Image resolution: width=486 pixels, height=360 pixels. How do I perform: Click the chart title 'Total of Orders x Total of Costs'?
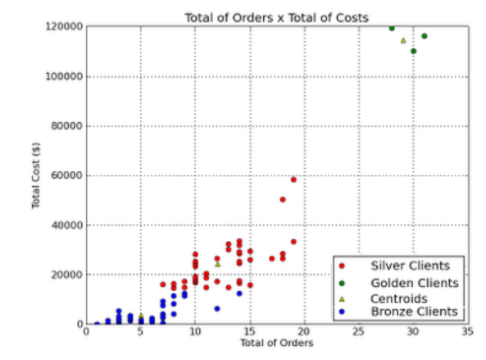(277, 18)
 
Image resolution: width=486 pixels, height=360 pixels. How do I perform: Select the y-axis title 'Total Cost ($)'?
(36, 175)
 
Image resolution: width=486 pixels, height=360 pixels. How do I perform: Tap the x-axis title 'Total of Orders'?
(277, 343)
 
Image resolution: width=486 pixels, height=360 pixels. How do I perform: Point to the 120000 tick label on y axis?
(65, 26)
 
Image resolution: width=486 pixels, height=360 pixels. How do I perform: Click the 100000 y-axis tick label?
(65, 76)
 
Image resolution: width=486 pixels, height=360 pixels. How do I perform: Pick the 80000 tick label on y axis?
(67, 126)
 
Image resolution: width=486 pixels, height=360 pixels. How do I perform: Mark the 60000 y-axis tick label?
(67, 175)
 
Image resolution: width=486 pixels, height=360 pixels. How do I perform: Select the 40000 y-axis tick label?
(67, 226)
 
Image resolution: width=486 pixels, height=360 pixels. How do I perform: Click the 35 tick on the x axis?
(468, 332)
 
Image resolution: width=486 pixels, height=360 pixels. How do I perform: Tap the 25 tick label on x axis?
(359, 332)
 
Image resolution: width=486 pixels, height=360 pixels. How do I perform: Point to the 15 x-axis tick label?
(250, 332)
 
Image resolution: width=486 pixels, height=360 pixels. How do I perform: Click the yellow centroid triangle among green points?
(403, 41)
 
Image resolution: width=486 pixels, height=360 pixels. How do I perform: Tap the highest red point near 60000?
(293, 180)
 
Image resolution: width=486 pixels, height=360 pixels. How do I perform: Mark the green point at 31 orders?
(425, 36)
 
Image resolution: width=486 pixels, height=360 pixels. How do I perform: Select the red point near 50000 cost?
(283, 199)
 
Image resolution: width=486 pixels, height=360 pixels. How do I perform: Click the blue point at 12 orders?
(217, 308)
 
